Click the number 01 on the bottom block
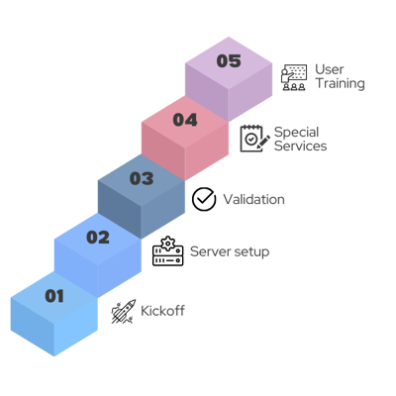point(54,296)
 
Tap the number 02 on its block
point(98,238)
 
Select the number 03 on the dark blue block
point(142,178)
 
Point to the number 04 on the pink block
point(185,120)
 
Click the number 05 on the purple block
point(229,61)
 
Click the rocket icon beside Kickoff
point(124,312)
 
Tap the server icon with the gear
point(167,251)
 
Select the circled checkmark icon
point(204,199)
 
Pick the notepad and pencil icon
point(254,139)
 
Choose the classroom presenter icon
point(294,77)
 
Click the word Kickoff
point(162,311)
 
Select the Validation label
point(253,199)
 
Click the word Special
point(296,133)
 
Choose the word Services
point(300,146)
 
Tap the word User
point(330,69)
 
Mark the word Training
point(341,84)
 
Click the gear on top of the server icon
point(168,244)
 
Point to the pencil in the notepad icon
point(263,142)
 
